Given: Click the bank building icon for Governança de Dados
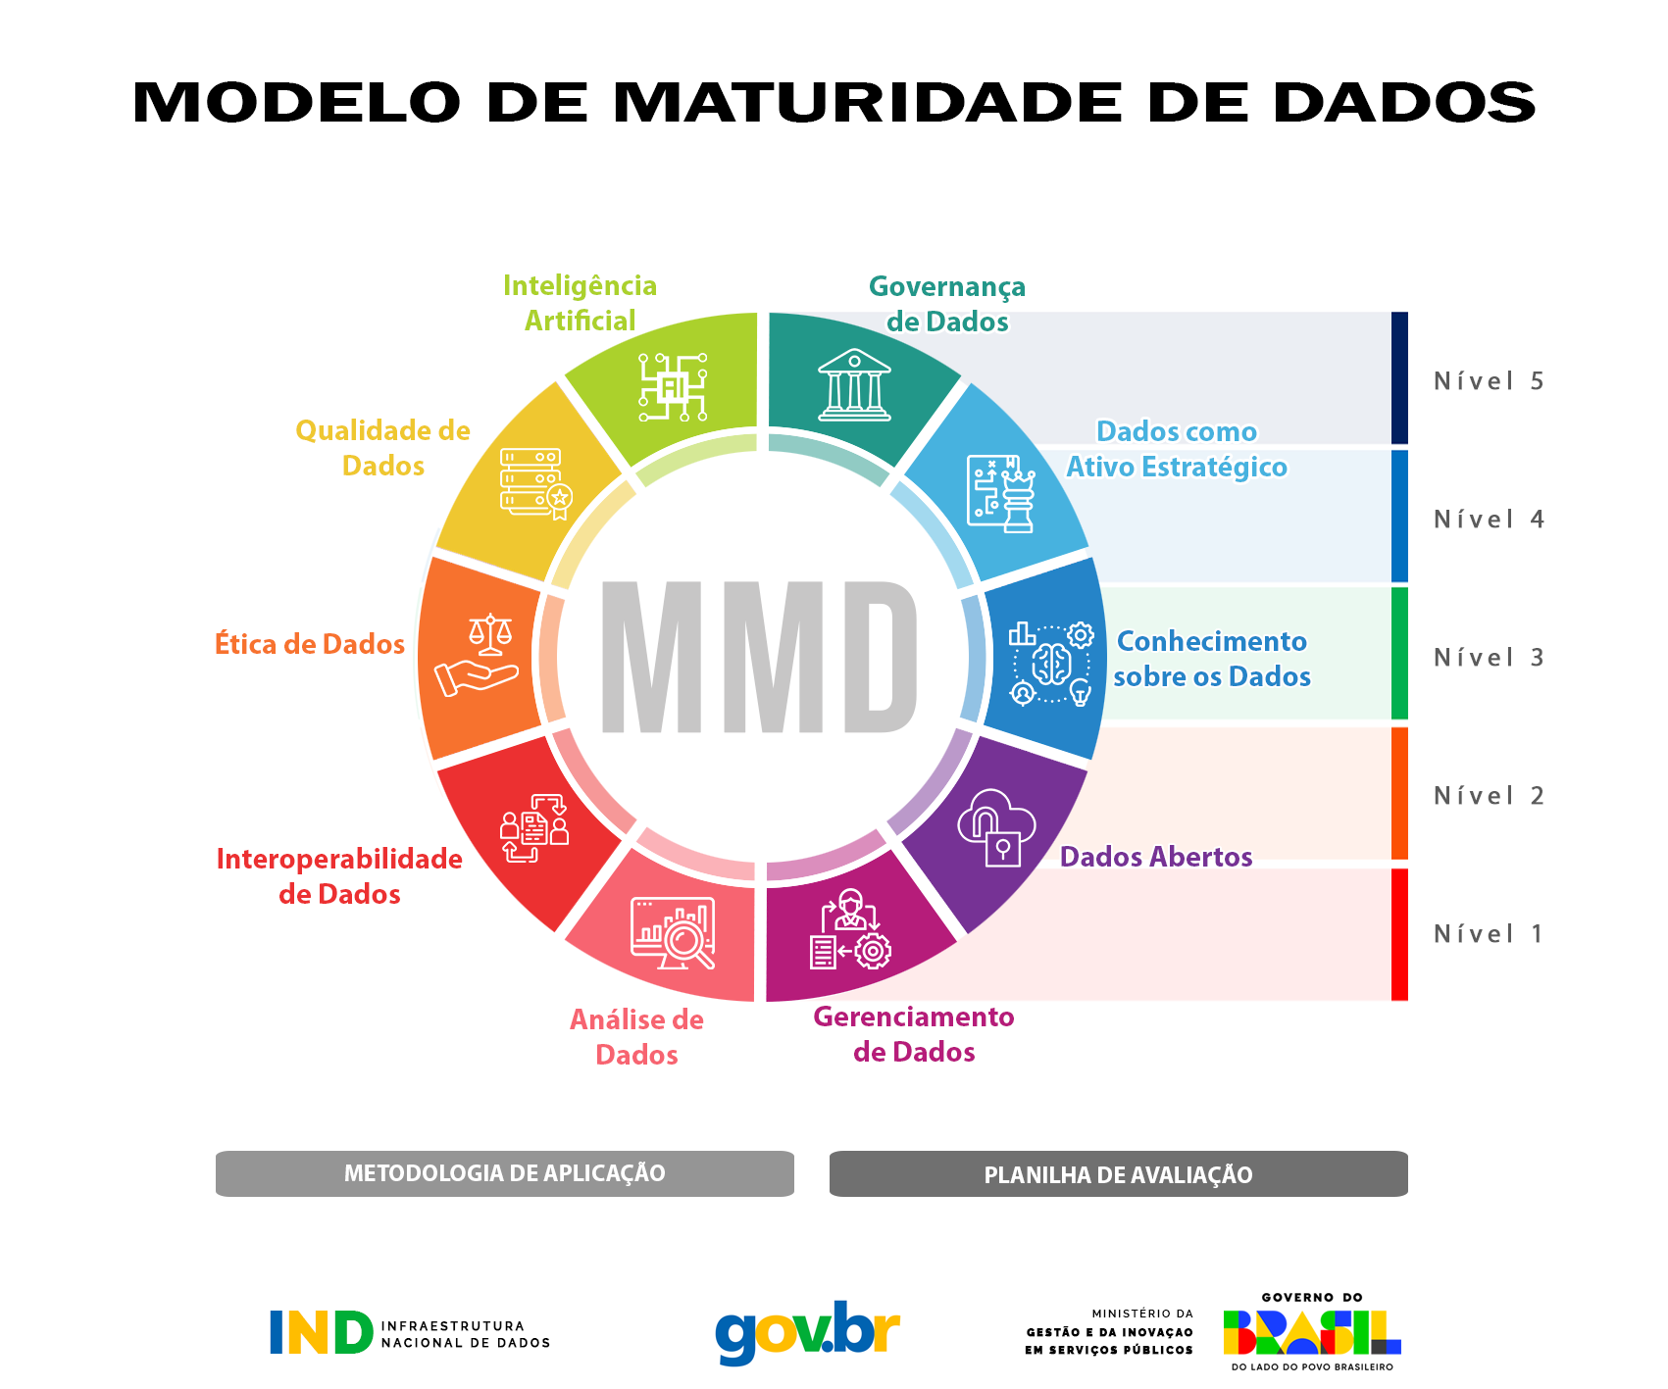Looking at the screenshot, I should tap(854, 385).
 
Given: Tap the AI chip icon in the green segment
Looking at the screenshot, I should tap(673, 388).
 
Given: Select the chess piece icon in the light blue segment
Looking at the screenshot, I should tap(1001, 493).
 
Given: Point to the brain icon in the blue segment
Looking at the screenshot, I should tap(1050, 664).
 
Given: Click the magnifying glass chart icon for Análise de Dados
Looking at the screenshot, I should tap(674, 932).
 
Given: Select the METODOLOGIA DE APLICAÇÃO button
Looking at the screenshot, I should tap(504, 1173).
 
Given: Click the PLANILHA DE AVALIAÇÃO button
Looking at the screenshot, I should tap(1118, 1174).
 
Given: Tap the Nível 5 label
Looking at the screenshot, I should tap(1488, 381).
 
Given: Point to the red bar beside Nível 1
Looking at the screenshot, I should tap(1399, 934).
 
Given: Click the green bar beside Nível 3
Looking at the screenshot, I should tap(1399, 653).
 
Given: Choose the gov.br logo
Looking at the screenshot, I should tap(807, 1332).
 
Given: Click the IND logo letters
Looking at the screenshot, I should tap(322, 1333).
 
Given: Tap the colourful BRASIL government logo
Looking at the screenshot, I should tap(1312, 1332).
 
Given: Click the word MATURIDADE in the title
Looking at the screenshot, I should tap(868, 103).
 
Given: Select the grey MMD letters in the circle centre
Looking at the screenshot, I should tap(760, 657).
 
